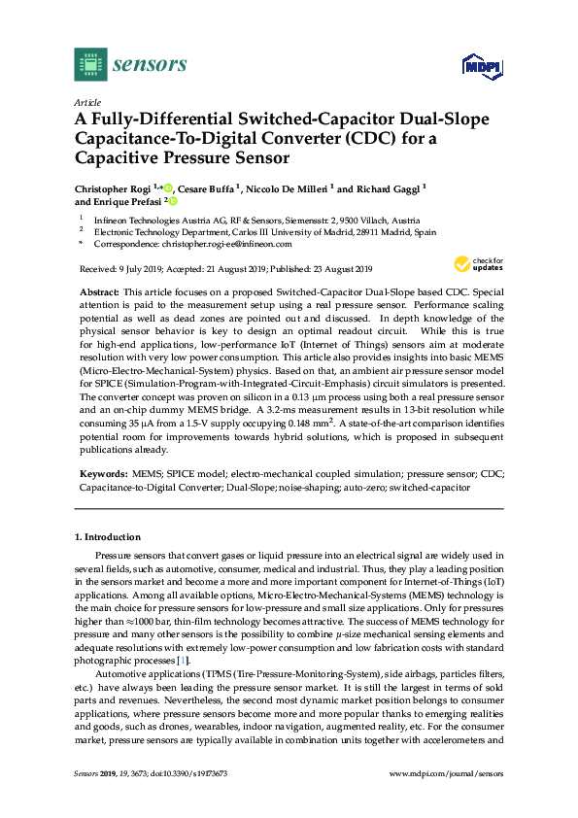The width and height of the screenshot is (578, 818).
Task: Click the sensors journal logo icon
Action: coord(90,64)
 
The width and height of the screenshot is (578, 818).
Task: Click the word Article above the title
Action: coord(87,101)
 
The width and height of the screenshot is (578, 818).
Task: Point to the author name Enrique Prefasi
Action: coord(123,202)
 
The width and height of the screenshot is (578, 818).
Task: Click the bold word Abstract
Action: coord(97,291)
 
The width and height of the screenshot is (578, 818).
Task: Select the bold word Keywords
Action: coord(101,473)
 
